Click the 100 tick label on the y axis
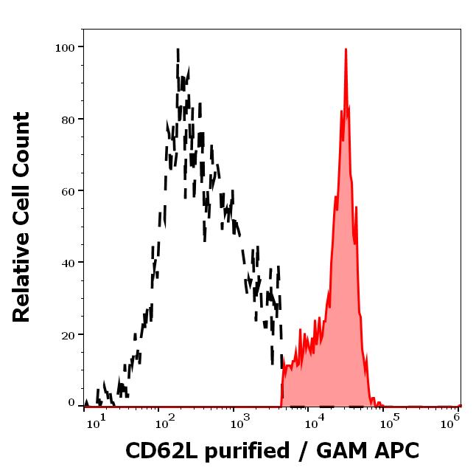coord(66,47)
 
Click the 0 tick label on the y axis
coord(71,404)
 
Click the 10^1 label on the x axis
coord(98,420)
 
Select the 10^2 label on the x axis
coord(164,420)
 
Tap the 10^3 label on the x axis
coord(239,420)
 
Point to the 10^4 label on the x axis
coord(315,420)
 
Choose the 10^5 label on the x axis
coord(390,420)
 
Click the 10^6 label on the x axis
coord(454,420)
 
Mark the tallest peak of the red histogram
coord(346,49)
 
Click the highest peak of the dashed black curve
coord(178,49)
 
